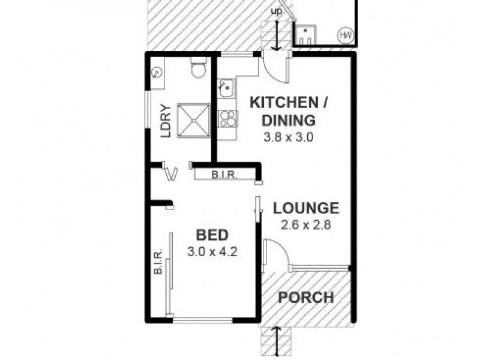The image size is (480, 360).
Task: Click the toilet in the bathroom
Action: coord(197,69)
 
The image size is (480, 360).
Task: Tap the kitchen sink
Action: coord(227,89)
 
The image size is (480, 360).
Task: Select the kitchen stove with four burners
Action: coord(227,118)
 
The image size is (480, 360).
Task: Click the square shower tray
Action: coord(193,120)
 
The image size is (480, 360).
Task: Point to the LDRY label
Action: coord(166,121)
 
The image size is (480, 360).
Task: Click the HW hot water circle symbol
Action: coord(346,35)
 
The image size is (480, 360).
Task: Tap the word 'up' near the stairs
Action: coord(276,11)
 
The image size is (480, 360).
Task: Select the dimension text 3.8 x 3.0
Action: coord(289,137)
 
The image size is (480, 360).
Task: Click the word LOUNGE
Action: coord(306,209)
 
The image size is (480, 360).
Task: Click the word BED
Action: coord(212,235)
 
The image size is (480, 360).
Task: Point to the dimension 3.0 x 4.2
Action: coord(212,251)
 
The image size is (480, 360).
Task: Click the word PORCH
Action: coord(306,297)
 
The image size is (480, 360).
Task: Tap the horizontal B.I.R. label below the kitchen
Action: coord(224,175)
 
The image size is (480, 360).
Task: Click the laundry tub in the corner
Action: coord(156,72)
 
